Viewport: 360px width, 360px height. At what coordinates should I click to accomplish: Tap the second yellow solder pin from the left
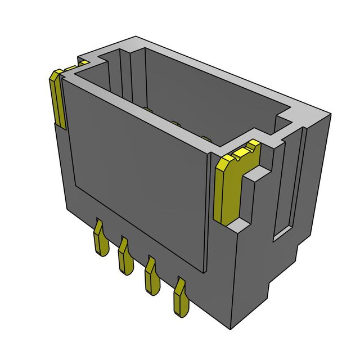[x=123, y=256]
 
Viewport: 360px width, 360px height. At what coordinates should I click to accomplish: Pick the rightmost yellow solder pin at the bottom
[x=181, y=295]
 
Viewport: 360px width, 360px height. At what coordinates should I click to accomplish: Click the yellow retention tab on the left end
[x=57, y=98]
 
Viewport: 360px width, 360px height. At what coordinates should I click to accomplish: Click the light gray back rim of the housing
[x=225, y=73]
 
